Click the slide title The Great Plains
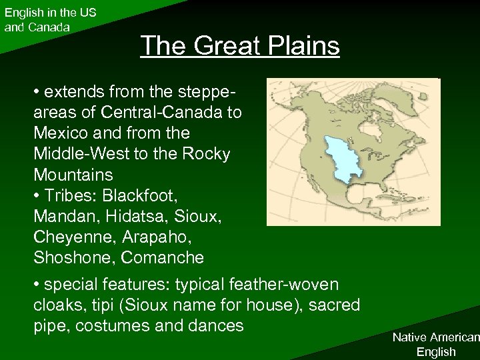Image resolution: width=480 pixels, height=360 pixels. pyautogui.click(x=240, y=46)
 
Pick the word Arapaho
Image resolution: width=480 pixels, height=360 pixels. pyautogui.click(x=150, y=237)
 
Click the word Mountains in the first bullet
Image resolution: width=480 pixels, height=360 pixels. pyautogui.click(x=73, y=175)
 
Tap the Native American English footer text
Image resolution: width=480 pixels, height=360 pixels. pyautogui.click(x=435, y=345)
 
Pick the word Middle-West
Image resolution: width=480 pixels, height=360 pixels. pyautogui.click(x=77, y=154)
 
